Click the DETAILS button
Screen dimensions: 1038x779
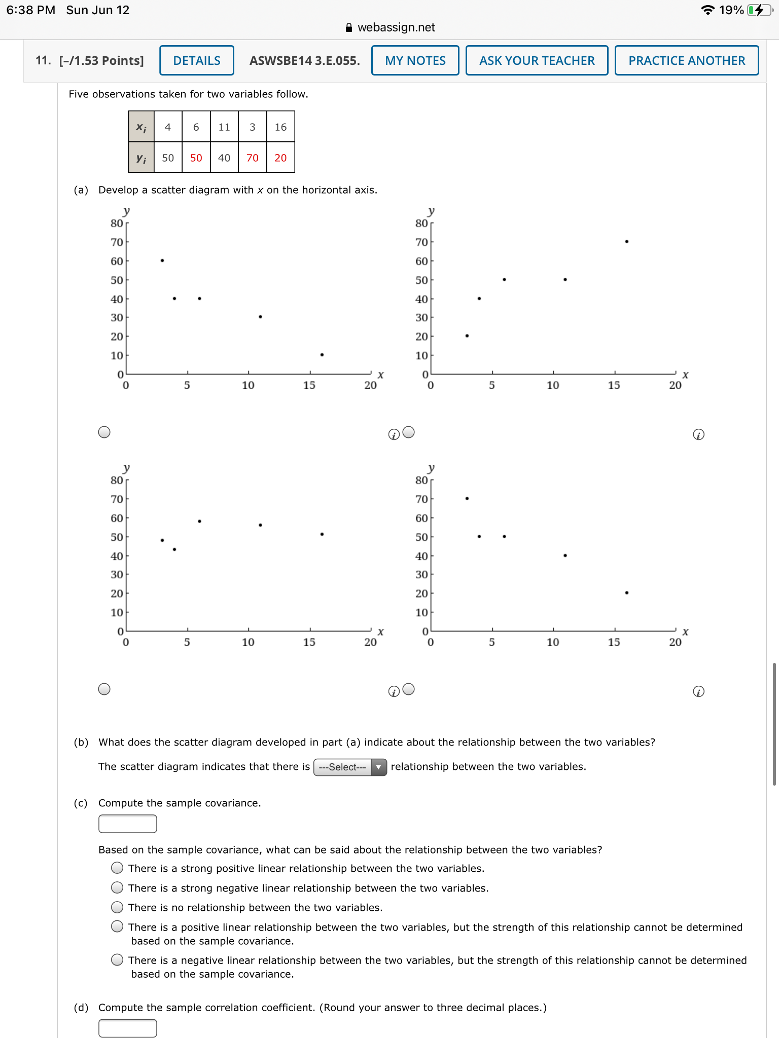pyautogui.click(x=197, y=60)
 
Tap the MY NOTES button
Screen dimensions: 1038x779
pyautogui.click(x=415, y=60)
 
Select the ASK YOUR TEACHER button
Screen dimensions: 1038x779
pyautogui.click(x=537, y=60)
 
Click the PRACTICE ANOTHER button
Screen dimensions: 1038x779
pyautogui.click(x=686, y=60)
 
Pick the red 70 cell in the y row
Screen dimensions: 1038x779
pyautogui.click(x=252, y=158)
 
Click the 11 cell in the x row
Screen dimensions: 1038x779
pyautogui.click(x=224, y=127)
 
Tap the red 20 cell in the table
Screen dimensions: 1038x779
pyautogui.click(x=280, y=158)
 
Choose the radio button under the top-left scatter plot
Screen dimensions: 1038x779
pyautogui.click(x=104, y=432)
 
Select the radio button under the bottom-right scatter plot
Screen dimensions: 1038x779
pyautogui.click(x=409, y=689)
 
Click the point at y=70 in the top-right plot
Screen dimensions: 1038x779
pyautogui.click(x=627, y=242)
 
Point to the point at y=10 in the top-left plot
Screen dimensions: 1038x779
pyautogui.click(x=322, y=355)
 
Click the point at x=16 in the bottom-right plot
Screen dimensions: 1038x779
pyautogui.click(x=627, y=592)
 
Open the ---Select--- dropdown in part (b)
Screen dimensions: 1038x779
pyautogui.click(x=350, y=767)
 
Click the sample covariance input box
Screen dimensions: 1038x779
pyautogui.click(x=127, y=824)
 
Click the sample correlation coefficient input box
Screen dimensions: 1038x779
pyautogui.click(x=127, y=1028)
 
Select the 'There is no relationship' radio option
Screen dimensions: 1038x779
pyautogui.click(x=117, y=907)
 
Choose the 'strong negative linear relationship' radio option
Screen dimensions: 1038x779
pyautogui.click(x=117, y=887)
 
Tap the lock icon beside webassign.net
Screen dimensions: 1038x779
pyautogui.click(x=348, y=27)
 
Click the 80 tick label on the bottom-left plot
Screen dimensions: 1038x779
pyautogui.click(x=117, y=480)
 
